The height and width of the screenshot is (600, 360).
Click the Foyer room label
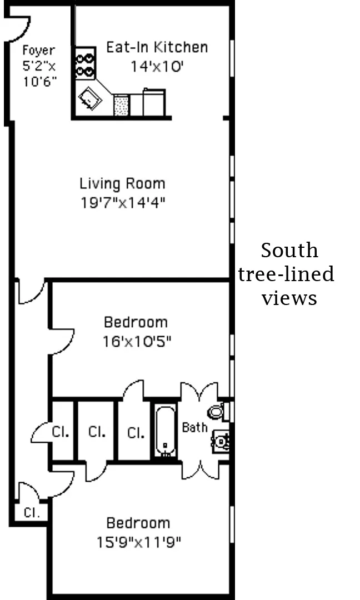38,51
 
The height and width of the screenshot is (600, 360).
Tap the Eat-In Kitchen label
157,47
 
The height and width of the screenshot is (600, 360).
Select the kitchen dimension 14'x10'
157,67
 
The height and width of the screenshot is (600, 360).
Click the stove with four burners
86,64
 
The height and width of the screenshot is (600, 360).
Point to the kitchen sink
90,100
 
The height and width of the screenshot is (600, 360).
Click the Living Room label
122,183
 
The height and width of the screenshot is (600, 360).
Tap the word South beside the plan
289,251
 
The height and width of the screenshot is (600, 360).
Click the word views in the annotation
289,298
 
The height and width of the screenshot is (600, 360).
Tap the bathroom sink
221,442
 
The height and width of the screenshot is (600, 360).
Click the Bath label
194,427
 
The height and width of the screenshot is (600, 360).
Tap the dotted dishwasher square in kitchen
121,105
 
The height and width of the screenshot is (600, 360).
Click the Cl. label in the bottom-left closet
32,512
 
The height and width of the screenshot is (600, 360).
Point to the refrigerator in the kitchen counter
154,102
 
